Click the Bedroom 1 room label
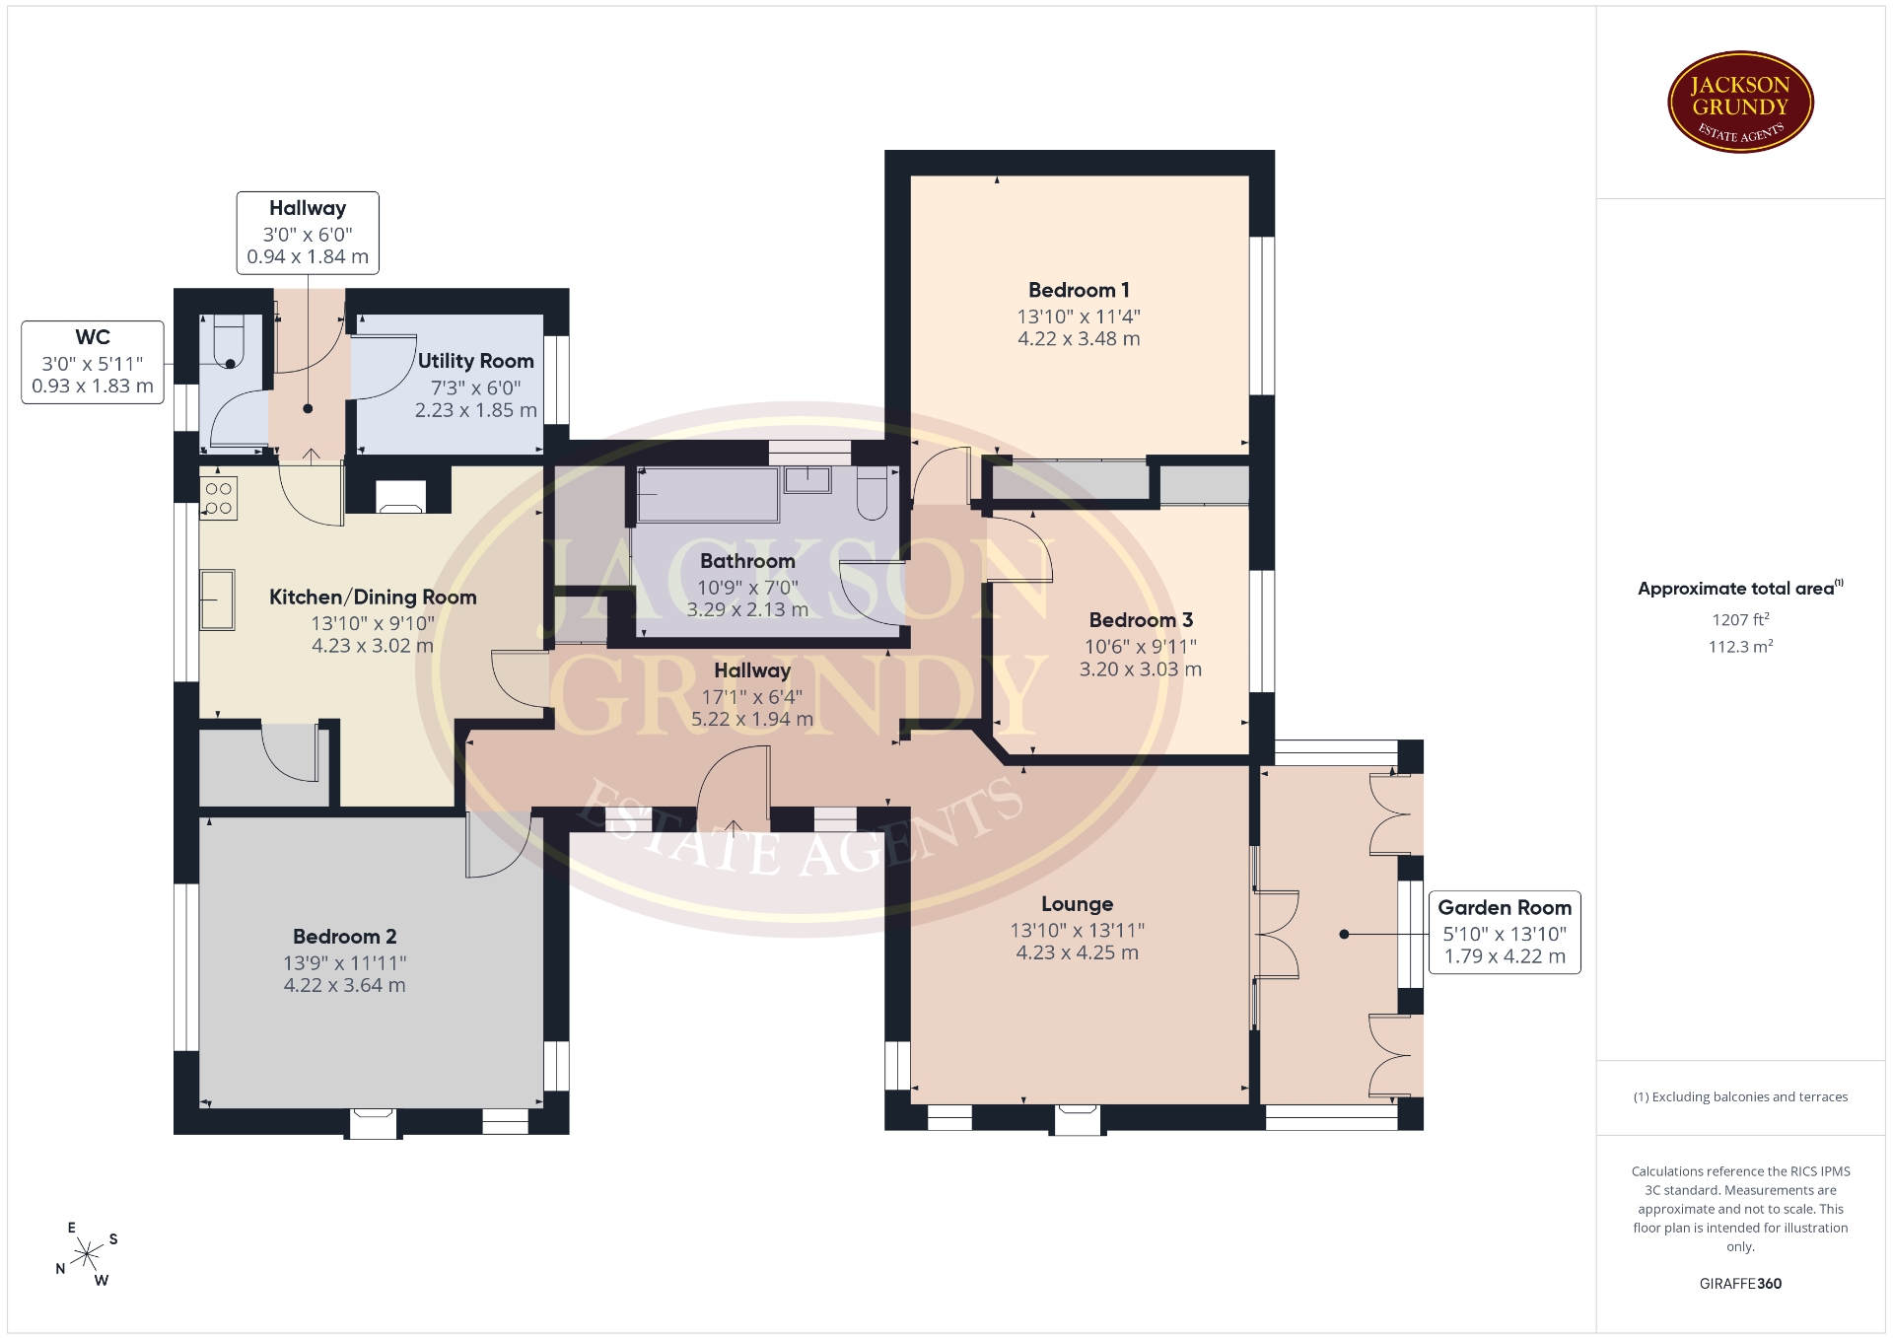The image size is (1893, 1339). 1079,290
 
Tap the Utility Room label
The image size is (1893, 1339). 475,361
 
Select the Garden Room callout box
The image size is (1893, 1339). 1505,932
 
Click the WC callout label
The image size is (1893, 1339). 93,362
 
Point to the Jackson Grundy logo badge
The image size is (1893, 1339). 1740,103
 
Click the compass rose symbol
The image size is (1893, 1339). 88,1254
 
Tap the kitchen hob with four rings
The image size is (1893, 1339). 219,498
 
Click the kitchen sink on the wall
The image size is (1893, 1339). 218,599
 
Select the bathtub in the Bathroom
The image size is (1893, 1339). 708,494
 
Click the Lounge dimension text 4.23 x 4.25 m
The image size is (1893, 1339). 1078,952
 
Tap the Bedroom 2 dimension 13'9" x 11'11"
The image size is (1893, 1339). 345,962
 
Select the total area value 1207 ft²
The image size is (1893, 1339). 1740,619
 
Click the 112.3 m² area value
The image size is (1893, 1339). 1740,646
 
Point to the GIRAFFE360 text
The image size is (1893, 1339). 1740,1283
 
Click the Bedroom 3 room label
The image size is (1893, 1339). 1141,620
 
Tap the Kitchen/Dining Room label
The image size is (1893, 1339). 373,597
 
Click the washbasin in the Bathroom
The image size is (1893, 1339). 807,479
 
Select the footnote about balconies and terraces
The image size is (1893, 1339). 1740,1096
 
